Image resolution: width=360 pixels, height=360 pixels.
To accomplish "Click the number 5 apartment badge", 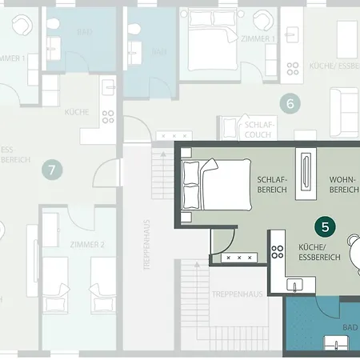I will (x=325, y=226).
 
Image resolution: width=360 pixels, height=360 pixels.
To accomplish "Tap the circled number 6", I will (x=290, y=102).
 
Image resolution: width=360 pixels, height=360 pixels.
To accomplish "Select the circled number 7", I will (x=52, y=169).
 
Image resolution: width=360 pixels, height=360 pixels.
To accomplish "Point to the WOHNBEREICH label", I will (x=344, y=186).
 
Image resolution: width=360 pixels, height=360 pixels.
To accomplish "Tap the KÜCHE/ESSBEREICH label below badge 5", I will (x=318, y=251).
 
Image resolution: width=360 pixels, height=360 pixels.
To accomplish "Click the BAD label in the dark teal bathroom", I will (x=350, y=328).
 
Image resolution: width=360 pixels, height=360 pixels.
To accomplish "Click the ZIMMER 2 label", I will (x=88, y=245).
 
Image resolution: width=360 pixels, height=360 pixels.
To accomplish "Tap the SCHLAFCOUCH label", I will (x=260, y=130).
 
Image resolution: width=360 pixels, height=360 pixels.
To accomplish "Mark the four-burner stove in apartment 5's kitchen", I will (x=278, y=251).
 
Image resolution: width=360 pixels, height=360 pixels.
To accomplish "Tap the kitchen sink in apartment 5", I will (x=295, y=284).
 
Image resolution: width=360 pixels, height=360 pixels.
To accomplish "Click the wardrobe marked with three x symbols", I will (x=241, y=258).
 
